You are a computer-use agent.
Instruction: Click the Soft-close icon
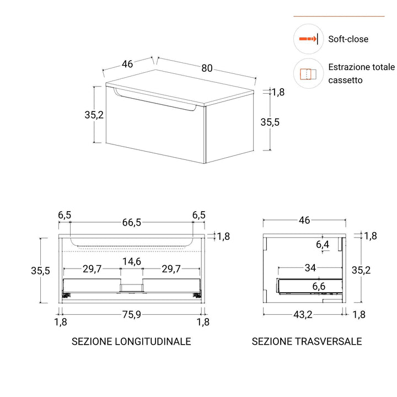tap(308, 39)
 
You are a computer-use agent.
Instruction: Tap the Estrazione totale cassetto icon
tap(308, 74)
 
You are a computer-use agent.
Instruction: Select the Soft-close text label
tap(348, 39)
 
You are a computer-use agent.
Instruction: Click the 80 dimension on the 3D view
tap(207, 68)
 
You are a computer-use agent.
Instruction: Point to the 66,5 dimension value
tap(131, 222)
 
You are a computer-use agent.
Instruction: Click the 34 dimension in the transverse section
tap(310, 269)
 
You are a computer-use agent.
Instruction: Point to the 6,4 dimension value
tap(323, 244)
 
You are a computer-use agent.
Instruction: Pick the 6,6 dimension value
tap(319, 286)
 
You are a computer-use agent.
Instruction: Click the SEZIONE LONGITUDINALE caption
tap(131, 342)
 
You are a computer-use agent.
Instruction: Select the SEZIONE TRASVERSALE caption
tap(307, 342)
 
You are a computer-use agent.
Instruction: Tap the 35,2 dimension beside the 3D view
tap(94, 115)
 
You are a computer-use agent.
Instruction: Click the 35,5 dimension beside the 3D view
tap(270, 122)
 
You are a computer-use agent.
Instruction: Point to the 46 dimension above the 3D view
tap(127, 64)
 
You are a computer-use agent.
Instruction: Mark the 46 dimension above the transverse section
tap(304, 220)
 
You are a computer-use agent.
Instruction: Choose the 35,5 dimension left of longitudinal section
tap(40, 271)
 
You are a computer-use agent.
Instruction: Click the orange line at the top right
tap(339, 17)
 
